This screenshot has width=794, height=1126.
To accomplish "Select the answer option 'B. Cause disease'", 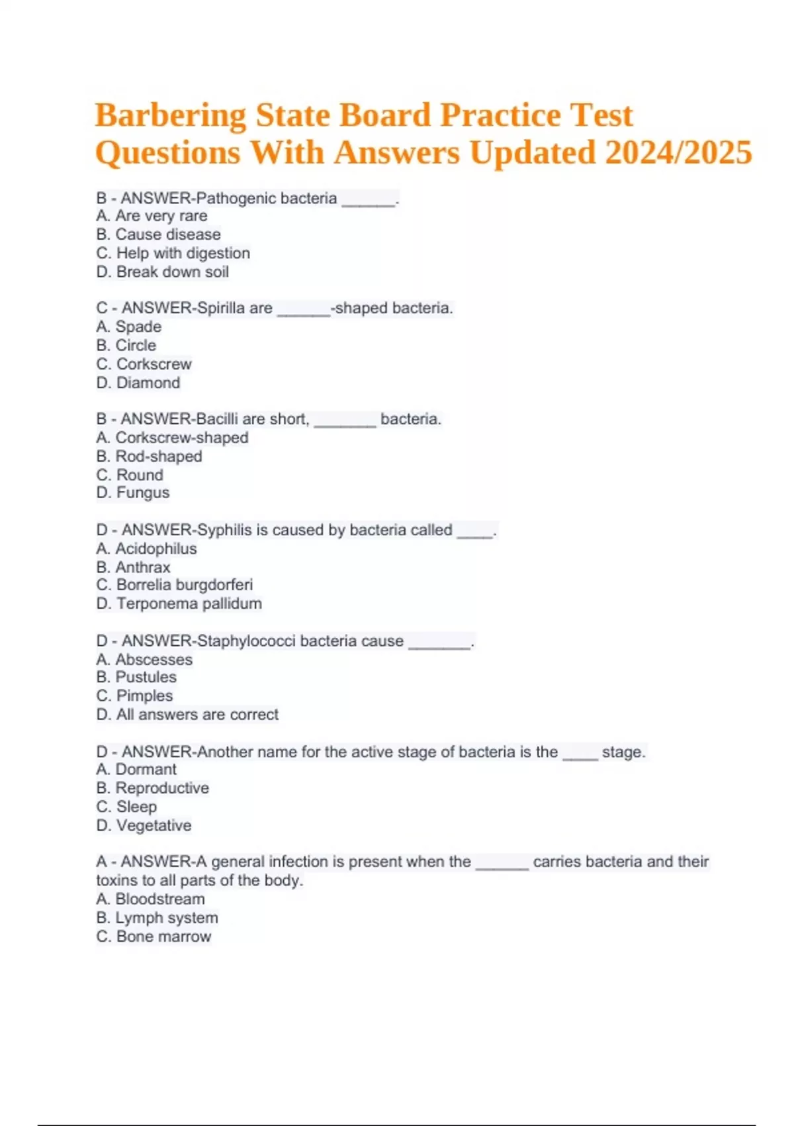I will (158, 234).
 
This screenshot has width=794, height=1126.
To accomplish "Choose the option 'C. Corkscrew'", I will (144, 364).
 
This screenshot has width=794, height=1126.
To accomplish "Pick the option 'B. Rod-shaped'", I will (149, 456).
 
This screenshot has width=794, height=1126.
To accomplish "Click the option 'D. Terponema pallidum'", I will (179, 603).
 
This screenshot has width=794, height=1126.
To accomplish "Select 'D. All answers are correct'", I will (187, 715).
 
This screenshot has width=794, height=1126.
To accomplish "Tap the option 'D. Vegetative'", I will (144, 825).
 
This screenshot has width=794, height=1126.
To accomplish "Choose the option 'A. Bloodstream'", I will (150, 899).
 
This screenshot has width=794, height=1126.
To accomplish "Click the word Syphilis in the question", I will (224, 530).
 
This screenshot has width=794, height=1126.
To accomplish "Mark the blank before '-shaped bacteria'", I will (304, 311).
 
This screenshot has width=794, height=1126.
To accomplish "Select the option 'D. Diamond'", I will (138, 383).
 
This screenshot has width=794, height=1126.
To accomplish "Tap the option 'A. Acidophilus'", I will (146, 548).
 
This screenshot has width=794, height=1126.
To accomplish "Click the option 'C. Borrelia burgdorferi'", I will (174, 585).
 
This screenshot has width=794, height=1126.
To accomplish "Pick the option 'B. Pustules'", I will (136, 677).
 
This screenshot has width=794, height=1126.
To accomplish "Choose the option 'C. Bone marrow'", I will (154, 937).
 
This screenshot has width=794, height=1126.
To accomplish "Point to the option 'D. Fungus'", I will (132, 493).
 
